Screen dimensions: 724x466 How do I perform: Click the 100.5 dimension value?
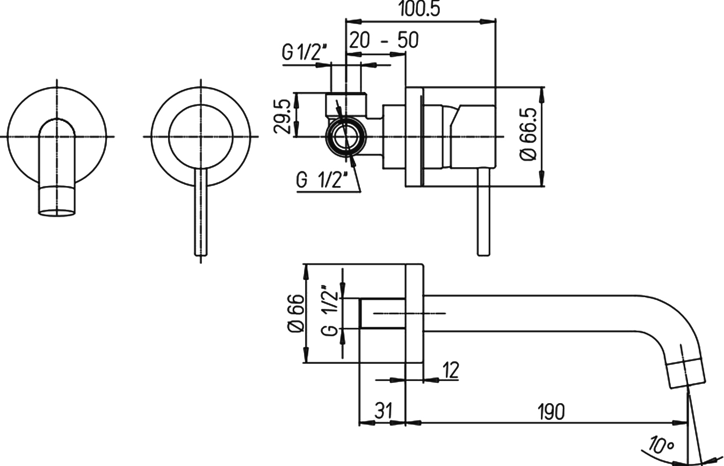point(419,9)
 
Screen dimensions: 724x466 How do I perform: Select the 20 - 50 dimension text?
point(384,40)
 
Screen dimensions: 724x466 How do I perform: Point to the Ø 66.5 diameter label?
point(529,134)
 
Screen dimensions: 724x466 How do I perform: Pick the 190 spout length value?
point(551,412)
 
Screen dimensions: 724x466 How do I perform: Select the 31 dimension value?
point(383,411)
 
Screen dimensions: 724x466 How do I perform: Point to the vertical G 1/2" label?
point(330,311)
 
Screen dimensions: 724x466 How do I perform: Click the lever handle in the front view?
point(201,212)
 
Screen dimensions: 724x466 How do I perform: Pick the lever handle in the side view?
point(483,212)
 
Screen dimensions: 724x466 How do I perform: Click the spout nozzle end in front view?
point(57,200)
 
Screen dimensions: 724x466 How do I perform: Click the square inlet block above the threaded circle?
point(346,105)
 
